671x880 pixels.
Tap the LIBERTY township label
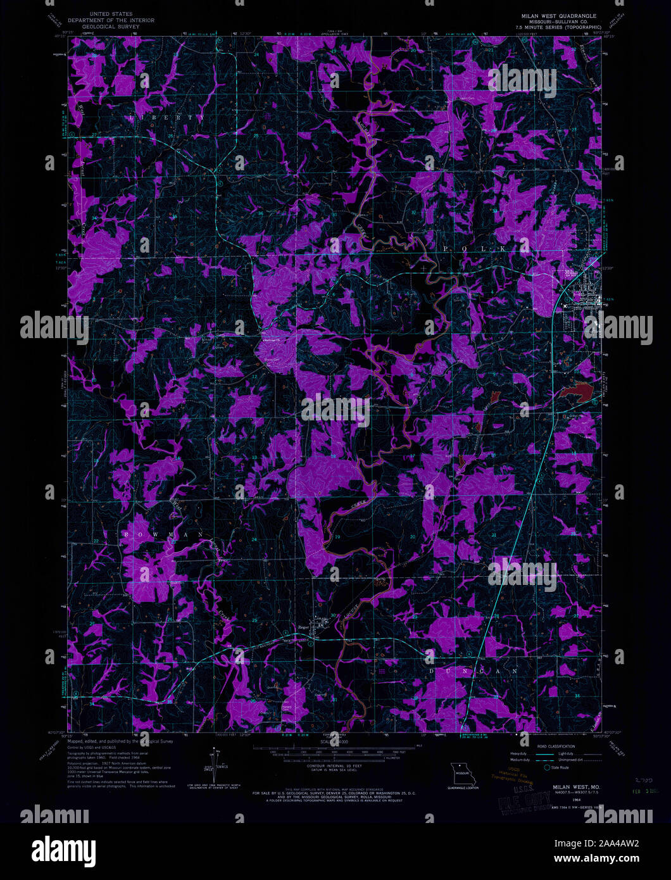click(x=167, y=118)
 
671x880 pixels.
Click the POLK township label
click(x=474, y=249)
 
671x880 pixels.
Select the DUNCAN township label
click(x=473, y=670)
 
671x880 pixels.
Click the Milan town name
click(x=572, y=272)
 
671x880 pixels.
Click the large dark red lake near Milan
click(x=579, y=394)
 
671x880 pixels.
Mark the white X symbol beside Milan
click(x=565, y=305)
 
